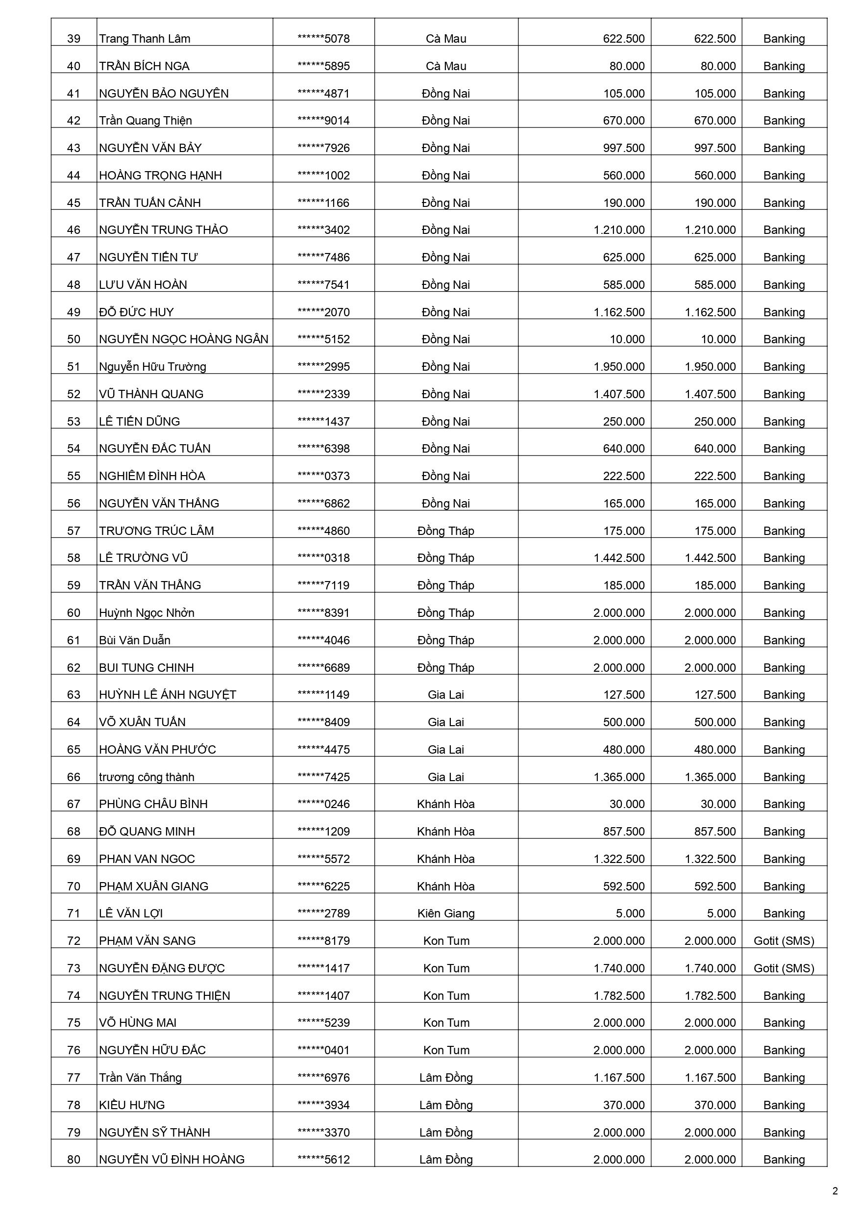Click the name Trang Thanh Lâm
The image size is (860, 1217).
(x=144, y=39)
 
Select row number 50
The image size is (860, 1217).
(x=74, y=339)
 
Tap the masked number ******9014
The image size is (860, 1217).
(x=323, y=121)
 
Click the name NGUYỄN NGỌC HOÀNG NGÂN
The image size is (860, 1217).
(x=183, y=339)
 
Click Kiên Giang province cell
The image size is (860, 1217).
(x=445, y=913)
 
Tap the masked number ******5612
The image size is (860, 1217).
(x=323, y=1160)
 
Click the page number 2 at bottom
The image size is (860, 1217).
(x=835, y=1191)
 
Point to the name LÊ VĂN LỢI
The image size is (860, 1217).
(x=130, y=913)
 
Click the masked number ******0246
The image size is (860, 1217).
(x=323, y=804)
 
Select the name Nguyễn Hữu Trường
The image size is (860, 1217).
(x=152, y=367)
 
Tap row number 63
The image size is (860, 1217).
(x=74, y=695)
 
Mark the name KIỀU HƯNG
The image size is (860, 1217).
(x=131, y=1105)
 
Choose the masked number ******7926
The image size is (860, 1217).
(x=323, y=148)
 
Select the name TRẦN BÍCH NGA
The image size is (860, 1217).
(x=144, y=66)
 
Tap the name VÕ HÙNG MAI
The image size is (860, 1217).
(x=137, y=1023)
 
